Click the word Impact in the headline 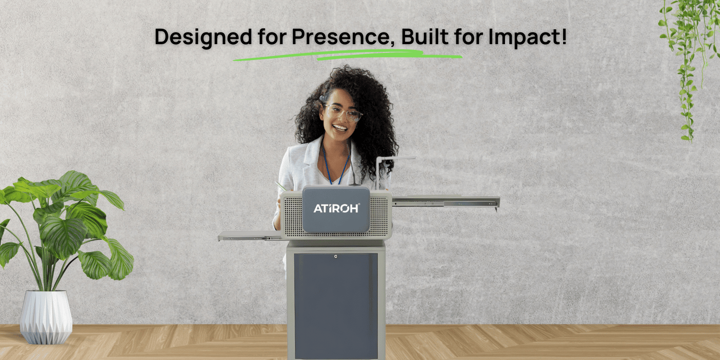pos(533,38)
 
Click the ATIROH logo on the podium pos(336,208)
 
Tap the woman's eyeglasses pos(343,113)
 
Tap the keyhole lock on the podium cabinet pos(335,256)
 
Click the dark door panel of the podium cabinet pos(335,303)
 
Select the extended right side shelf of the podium pos(445,202)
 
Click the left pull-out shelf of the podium pos(249,236)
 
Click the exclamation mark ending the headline pos(564,37)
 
